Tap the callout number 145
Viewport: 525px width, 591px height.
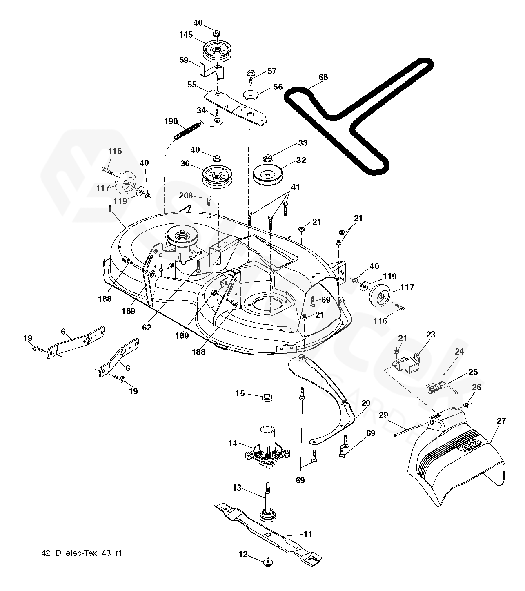click(x=186, y=35)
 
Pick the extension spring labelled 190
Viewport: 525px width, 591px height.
click(x=187, y=131)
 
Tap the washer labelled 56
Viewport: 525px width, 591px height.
click(x=250, y=95)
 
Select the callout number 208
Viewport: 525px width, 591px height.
click(x=186, y=196)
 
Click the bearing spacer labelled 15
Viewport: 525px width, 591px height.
click(x=267, y=397)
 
